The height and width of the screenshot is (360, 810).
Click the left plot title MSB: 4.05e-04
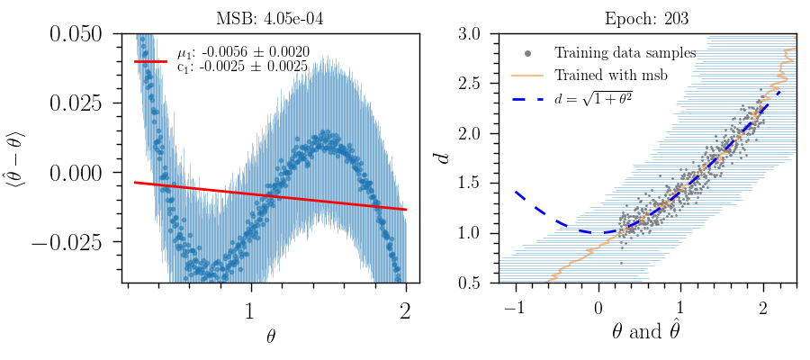(x=271, y=17)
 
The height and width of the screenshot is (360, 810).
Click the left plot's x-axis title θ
(x=271, y=337)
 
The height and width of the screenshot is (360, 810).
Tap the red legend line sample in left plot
(x=151, y=61)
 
